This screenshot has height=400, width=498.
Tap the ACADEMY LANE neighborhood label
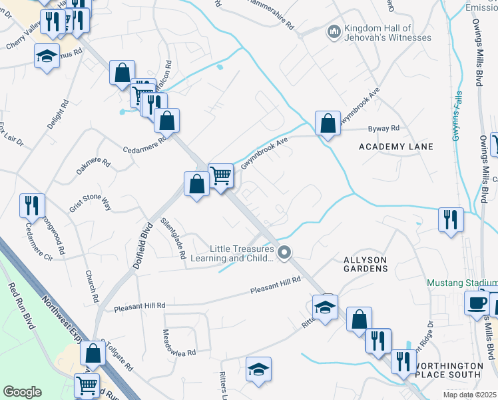click(x=395, y=147)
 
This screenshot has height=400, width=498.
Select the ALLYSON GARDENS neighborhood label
click(x=365, y=263)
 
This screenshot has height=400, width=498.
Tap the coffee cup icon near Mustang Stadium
click(x=477, y=302)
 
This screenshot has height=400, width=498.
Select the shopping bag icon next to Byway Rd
click(x=327, y=123)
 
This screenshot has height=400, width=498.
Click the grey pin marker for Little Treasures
click(x=285, y=253)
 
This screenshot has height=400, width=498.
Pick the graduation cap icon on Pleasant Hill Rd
click(x=325, y=307)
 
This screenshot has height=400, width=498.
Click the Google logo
click(x=22, y=392)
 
